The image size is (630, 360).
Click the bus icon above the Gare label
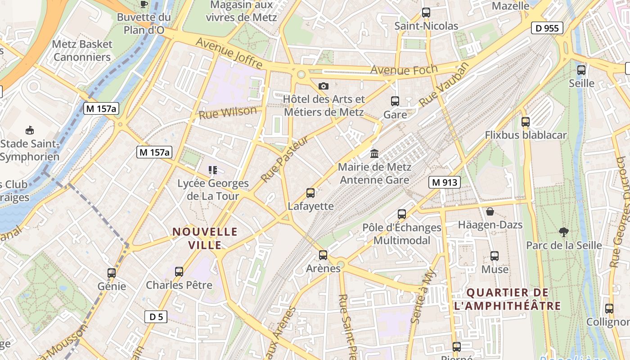(395, 101)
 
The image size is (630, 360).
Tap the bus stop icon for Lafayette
(310, 193)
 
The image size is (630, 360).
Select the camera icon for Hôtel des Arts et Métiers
(323, 86)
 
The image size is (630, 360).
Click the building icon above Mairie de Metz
(374, 153)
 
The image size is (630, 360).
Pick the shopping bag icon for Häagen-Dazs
(490, 211)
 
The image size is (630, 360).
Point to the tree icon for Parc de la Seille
(563, 232)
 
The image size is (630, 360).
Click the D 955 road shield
(547, 28)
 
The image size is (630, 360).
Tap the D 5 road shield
(156, 317)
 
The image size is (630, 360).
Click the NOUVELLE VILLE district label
(205, 238)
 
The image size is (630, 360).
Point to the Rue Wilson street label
(228, 112)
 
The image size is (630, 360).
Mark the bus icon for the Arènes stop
(323, 255)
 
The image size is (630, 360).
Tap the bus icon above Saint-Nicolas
(426, 13)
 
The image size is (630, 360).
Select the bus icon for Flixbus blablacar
(525, 121)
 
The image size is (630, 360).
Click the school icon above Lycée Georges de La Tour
(213, 170)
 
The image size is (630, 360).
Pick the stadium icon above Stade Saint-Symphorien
(30, 130)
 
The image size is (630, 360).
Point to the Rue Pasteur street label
(284, 159)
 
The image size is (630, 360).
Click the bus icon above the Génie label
(112, 273)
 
